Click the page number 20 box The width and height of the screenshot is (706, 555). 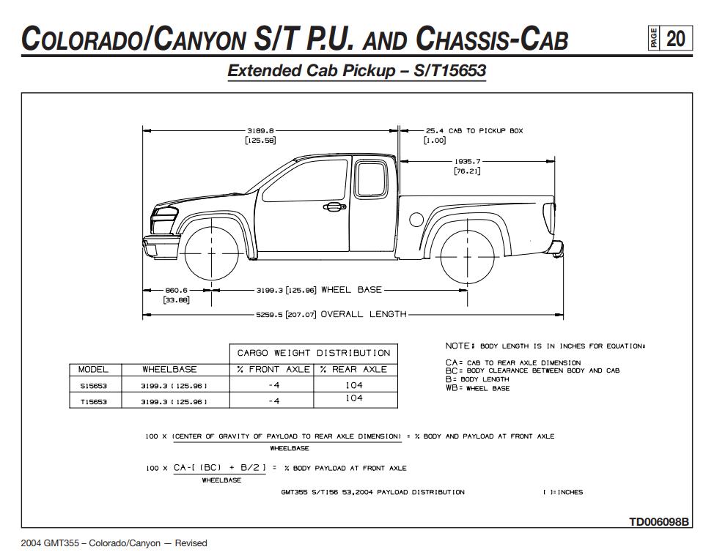coord(675,38)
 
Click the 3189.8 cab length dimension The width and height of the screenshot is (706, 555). coord(260,130)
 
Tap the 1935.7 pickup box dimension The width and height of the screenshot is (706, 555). coord(467,161)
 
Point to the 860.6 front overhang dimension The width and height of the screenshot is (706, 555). coord(176,290)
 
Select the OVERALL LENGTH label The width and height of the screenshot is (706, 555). coord(364,314)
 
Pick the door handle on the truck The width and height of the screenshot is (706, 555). coord(334,207)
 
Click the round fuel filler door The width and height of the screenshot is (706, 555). coord(416,218)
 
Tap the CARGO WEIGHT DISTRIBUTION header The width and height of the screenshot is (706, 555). coord(314,353)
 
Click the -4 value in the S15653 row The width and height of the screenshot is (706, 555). coord(273,385)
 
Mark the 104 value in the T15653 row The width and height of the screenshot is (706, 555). coord(354,398)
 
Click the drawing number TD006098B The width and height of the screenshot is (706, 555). coord(659,522)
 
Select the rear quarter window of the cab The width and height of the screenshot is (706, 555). coord(371,179)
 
